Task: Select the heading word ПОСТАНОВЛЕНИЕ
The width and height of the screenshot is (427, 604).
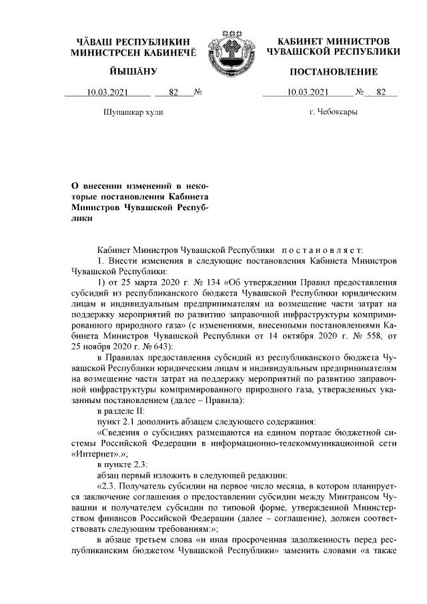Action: point(333,71)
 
